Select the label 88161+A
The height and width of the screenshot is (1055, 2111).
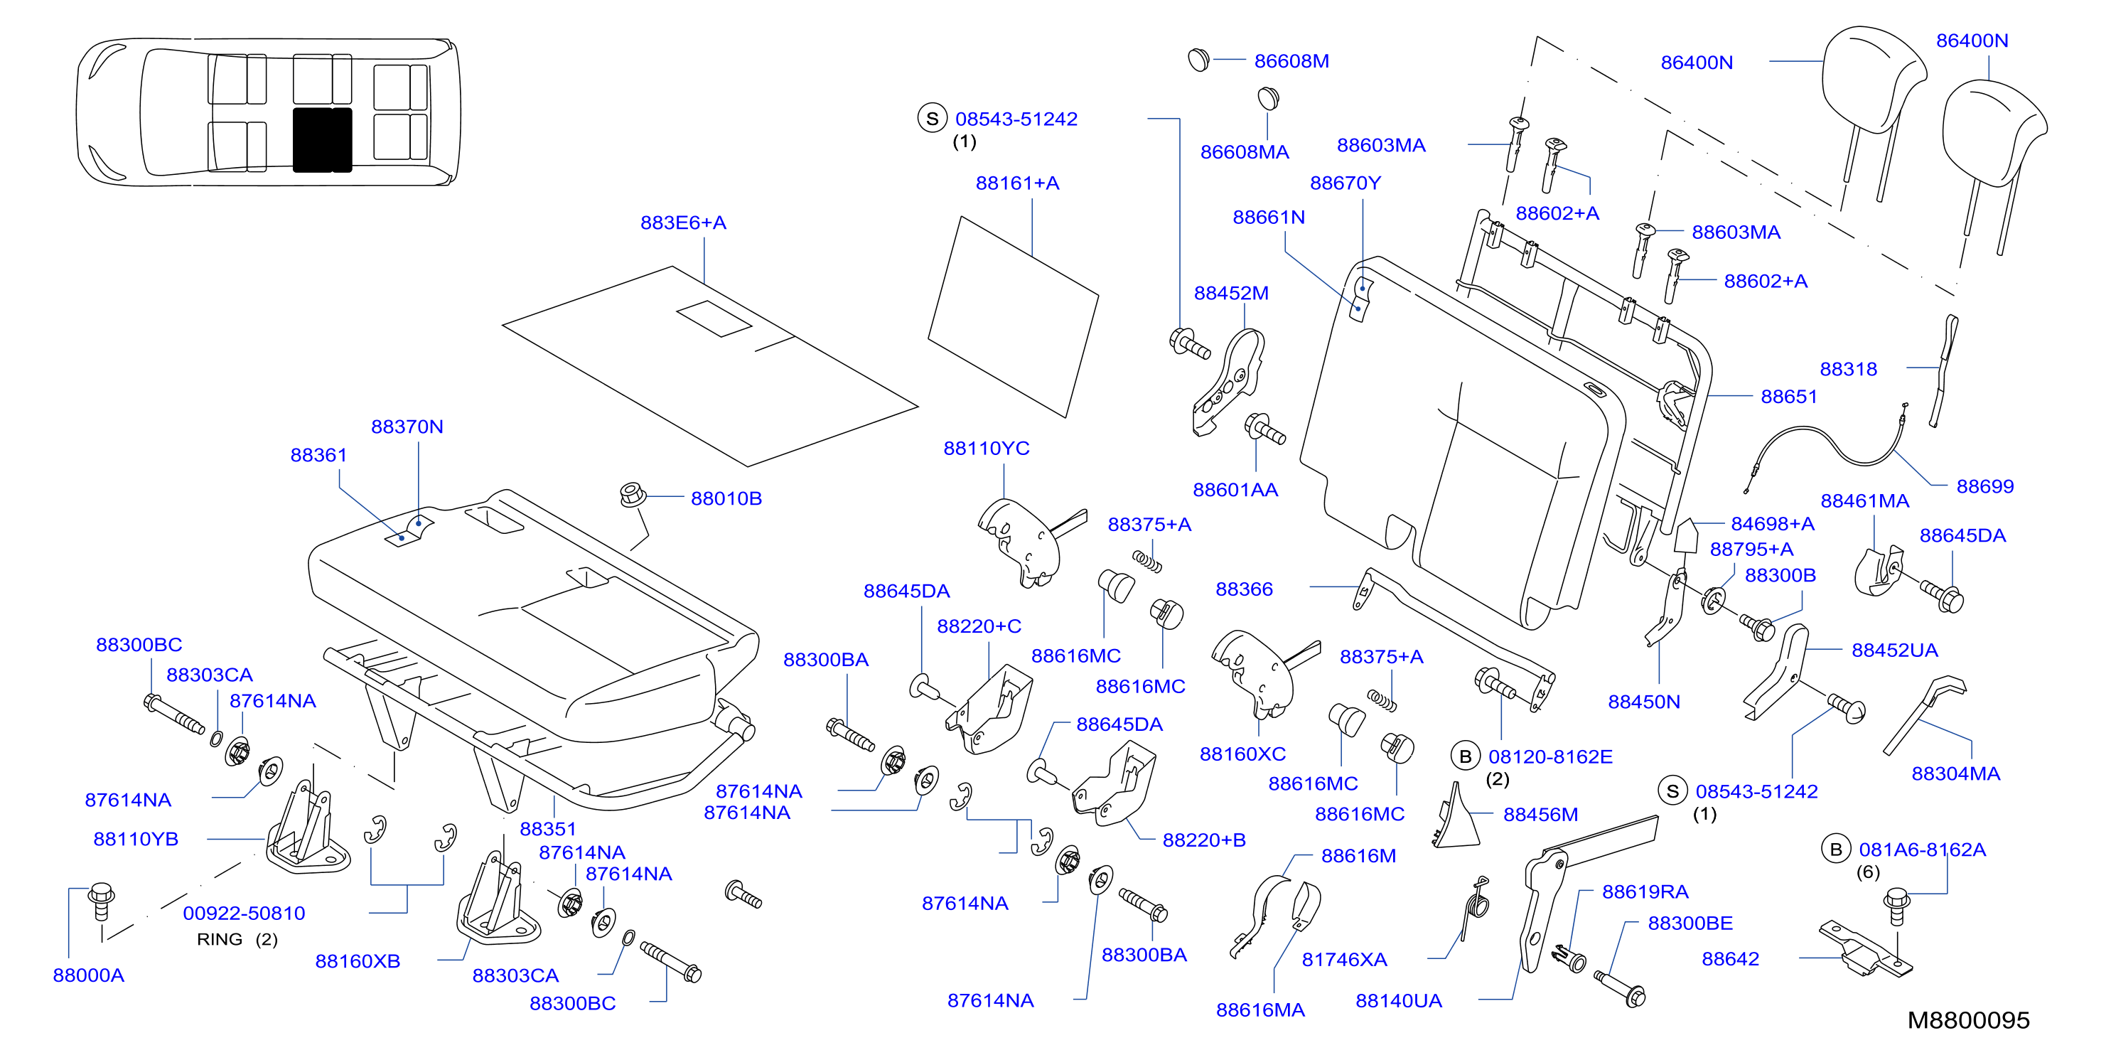[1017, 183]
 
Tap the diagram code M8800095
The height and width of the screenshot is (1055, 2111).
[1968, 1021]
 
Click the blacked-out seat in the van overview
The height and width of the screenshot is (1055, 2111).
[322, 140]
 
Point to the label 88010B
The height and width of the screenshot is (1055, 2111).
[726, 498]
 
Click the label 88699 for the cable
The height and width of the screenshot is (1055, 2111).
[1984, 487]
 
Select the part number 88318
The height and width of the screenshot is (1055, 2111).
[1848, 370]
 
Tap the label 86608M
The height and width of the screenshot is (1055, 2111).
[1291, 61]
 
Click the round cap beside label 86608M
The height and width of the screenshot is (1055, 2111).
[1198, 59]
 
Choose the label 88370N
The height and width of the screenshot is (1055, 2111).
[407, 427]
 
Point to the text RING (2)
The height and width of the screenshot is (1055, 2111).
[237, 939]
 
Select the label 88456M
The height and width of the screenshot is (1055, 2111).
[1540, 815]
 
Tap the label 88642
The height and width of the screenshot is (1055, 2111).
[1730, 959]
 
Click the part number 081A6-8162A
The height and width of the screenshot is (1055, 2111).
[1922, 850]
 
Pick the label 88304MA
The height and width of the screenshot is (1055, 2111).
[1955, 773]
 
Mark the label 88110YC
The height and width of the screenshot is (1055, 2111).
[986, 449]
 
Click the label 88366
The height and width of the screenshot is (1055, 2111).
[1244, 589]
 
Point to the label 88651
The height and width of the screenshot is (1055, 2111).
[1789, 397]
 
